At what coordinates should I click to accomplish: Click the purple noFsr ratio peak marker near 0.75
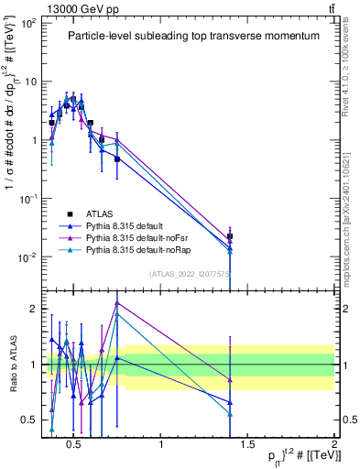point(117,302)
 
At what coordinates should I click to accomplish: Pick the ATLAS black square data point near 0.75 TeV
point(117,159)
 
